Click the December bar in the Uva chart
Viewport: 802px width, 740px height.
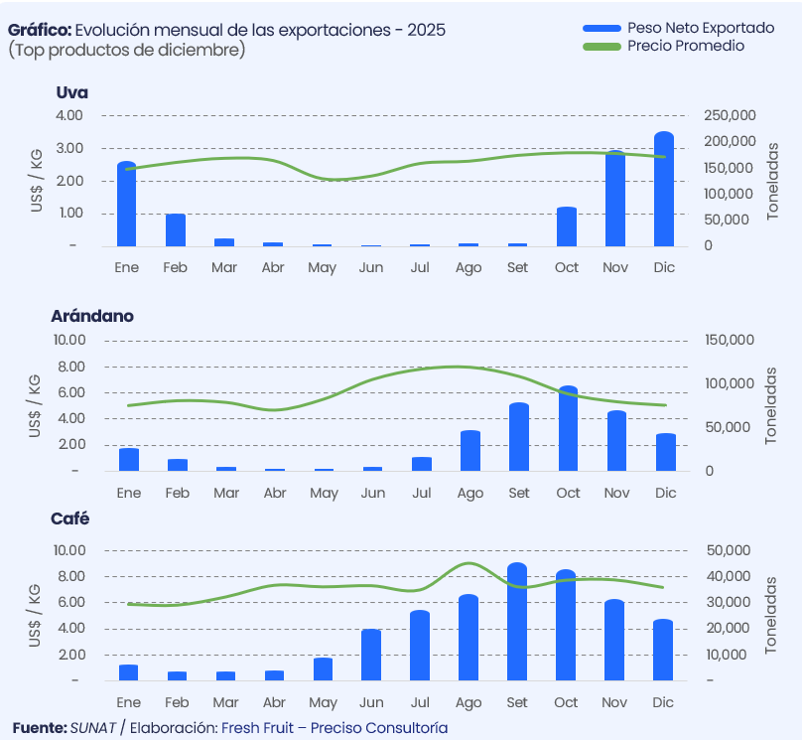664,190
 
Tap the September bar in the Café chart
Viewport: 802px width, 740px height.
517,623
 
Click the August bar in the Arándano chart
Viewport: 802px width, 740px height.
469,451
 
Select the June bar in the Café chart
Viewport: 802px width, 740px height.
371,656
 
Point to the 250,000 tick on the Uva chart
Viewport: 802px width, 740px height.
731,115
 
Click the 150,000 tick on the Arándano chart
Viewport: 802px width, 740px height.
730,340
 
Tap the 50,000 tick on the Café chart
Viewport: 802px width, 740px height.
730,550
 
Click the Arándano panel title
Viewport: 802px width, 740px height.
92,316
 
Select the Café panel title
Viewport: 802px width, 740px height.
69,518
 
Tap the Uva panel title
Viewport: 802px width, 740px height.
72,92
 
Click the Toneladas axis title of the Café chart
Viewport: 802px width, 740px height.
772,614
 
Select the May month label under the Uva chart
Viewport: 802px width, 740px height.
322,268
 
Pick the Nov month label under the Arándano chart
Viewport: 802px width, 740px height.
616,494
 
